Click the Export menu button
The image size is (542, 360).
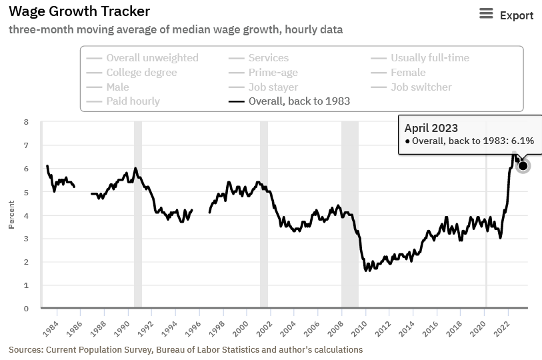pos(507,15)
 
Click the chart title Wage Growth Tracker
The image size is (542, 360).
pos(79,11)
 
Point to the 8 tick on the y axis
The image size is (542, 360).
pos(26,122)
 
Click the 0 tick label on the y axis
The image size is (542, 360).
pos(26,309)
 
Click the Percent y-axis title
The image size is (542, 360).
pos(11,215)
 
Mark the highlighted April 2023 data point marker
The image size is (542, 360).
pos(523,165)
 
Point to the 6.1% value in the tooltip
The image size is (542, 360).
pos(523,141)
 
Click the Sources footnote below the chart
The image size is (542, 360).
pos(185,349)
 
